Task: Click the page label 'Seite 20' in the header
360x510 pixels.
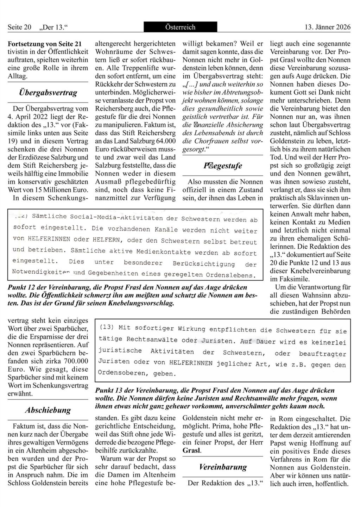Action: click(x=19, y=27)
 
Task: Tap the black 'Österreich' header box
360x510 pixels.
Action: click(x=180, y=27)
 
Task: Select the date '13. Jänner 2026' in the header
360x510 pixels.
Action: click(x=327, y=27)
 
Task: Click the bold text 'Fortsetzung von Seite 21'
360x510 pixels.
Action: click(x=44, y=44)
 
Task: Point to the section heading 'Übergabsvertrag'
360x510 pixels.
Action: click(x=48, y=93)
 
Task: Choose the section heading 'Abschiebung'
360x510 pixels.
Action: click(x=48, y=410)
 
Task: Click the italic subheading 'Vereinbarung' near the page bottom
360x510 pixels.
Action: click(x=223, y=467)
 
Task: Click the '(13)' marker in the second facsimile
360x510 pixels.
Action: click(x=107, y=327)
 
